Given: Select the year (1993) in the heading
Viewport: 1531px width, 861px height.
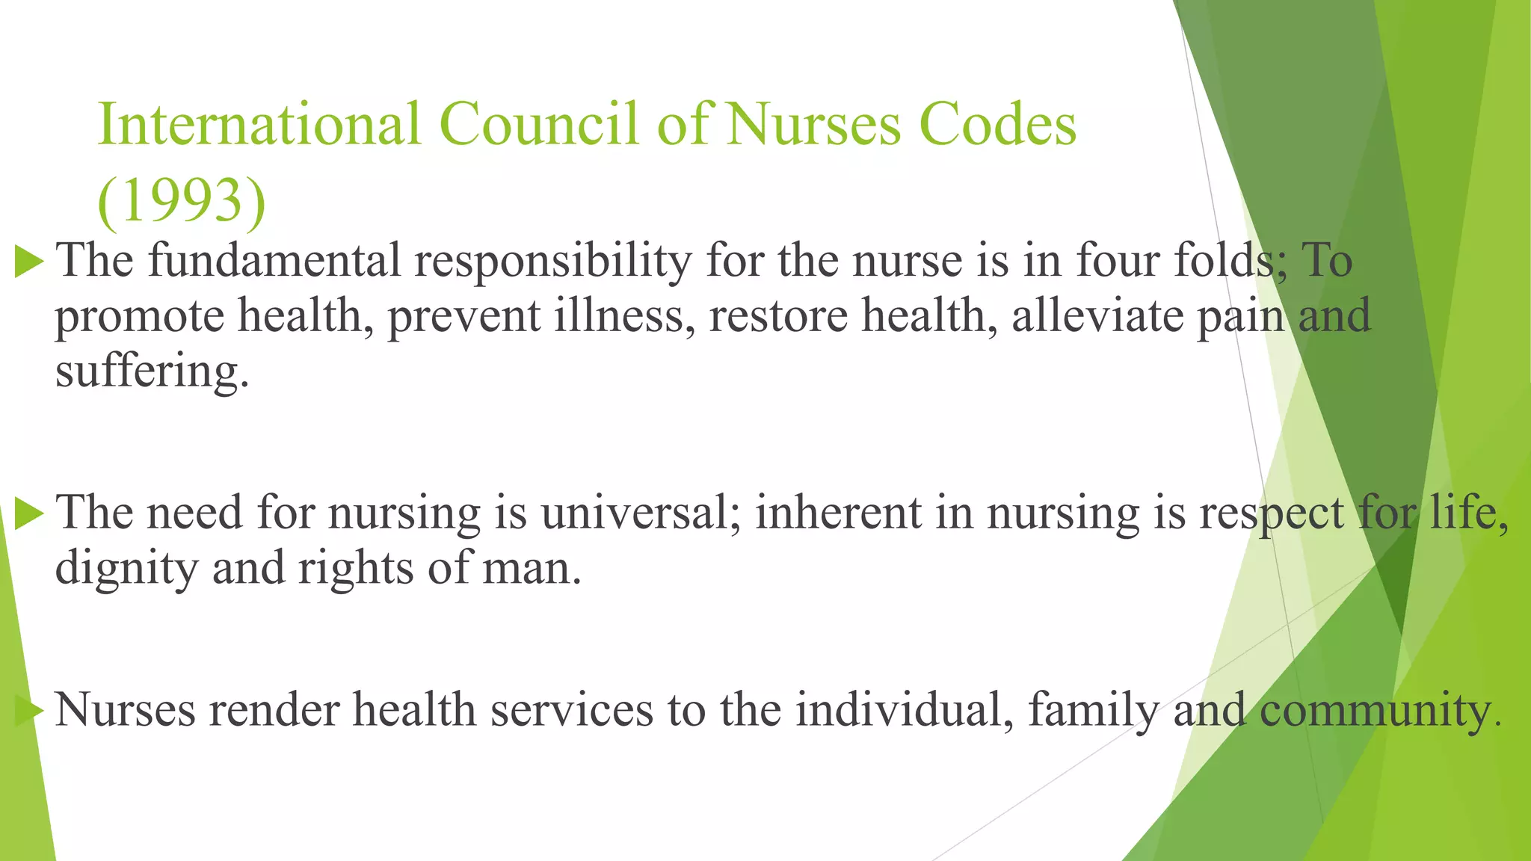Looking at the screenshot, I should (x=182, y=200).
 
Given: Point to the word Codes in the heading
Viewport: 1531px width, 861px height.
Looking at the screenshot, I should (x=997, y=124).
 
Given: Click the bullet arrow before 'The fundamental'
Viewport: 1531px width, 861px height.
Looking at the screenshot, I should (x=29, y=262).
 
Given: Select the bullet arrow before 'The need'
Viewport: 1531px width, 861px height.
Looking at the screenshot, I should (x=29, y=514).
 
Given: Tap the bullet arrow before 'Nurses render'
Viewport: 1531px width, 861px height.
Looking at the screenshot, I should (x=29, y=710).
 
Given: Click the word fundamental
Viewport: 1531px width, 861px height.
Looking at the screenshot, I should (x=274, y=261).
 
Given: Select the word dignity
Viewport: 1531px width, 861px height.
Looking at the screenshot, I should (x=126, y=570).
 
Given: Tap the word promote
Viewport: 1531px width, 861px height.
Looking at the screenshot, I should (x=139, y=317).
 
